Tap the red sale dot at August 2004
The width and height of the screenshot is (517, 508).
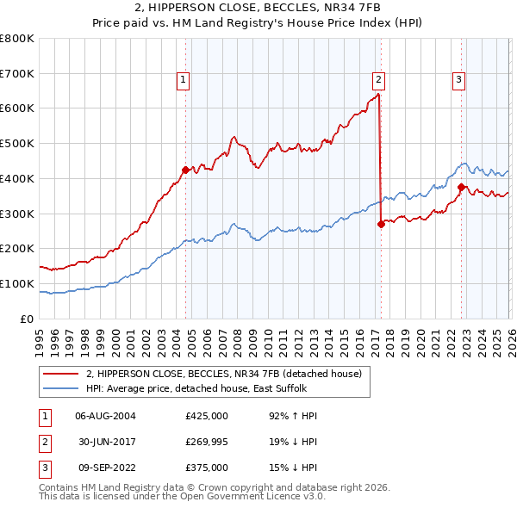pyautogui.click(x=185, y=170)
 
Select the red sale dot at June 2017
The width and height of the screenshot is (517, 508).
pyautogui.click(x=381, y=224)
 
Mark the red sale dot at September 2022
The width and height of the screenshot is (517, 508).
pyautogui.click(x=461, y=187)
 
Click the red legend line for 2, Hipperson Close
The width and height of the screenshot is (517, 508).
pyautogui.click(x=61, y=374)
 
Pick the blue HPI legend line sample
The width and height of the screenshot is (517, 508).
pyautogui.click(x=61, y=388)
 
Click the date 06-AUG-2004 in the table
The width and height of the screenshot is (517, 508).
pyautogui.click(x=105, y=416)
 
